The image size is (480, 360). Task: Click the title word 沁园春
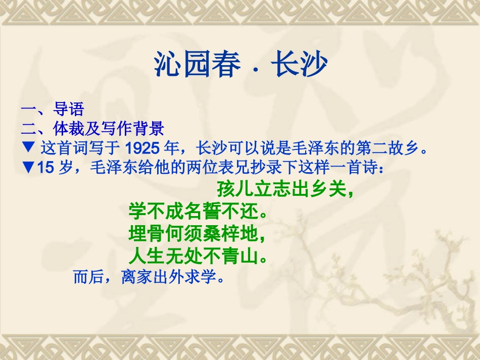(x=197, y=64)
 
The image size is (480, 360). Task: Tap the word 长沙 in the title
(x=299, y=64)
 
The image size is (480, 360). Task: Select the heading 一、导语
(x=52, y=109)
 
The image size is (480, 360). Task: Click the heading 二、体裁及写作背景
(x=92, y=129)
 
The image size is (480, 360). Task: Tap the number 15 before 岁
(x=45, y=168)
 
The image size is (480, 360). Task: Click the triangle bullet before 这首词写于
(x=28, y=148)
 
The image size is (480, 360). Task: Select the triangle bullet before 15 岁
(x=28, y=168)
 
